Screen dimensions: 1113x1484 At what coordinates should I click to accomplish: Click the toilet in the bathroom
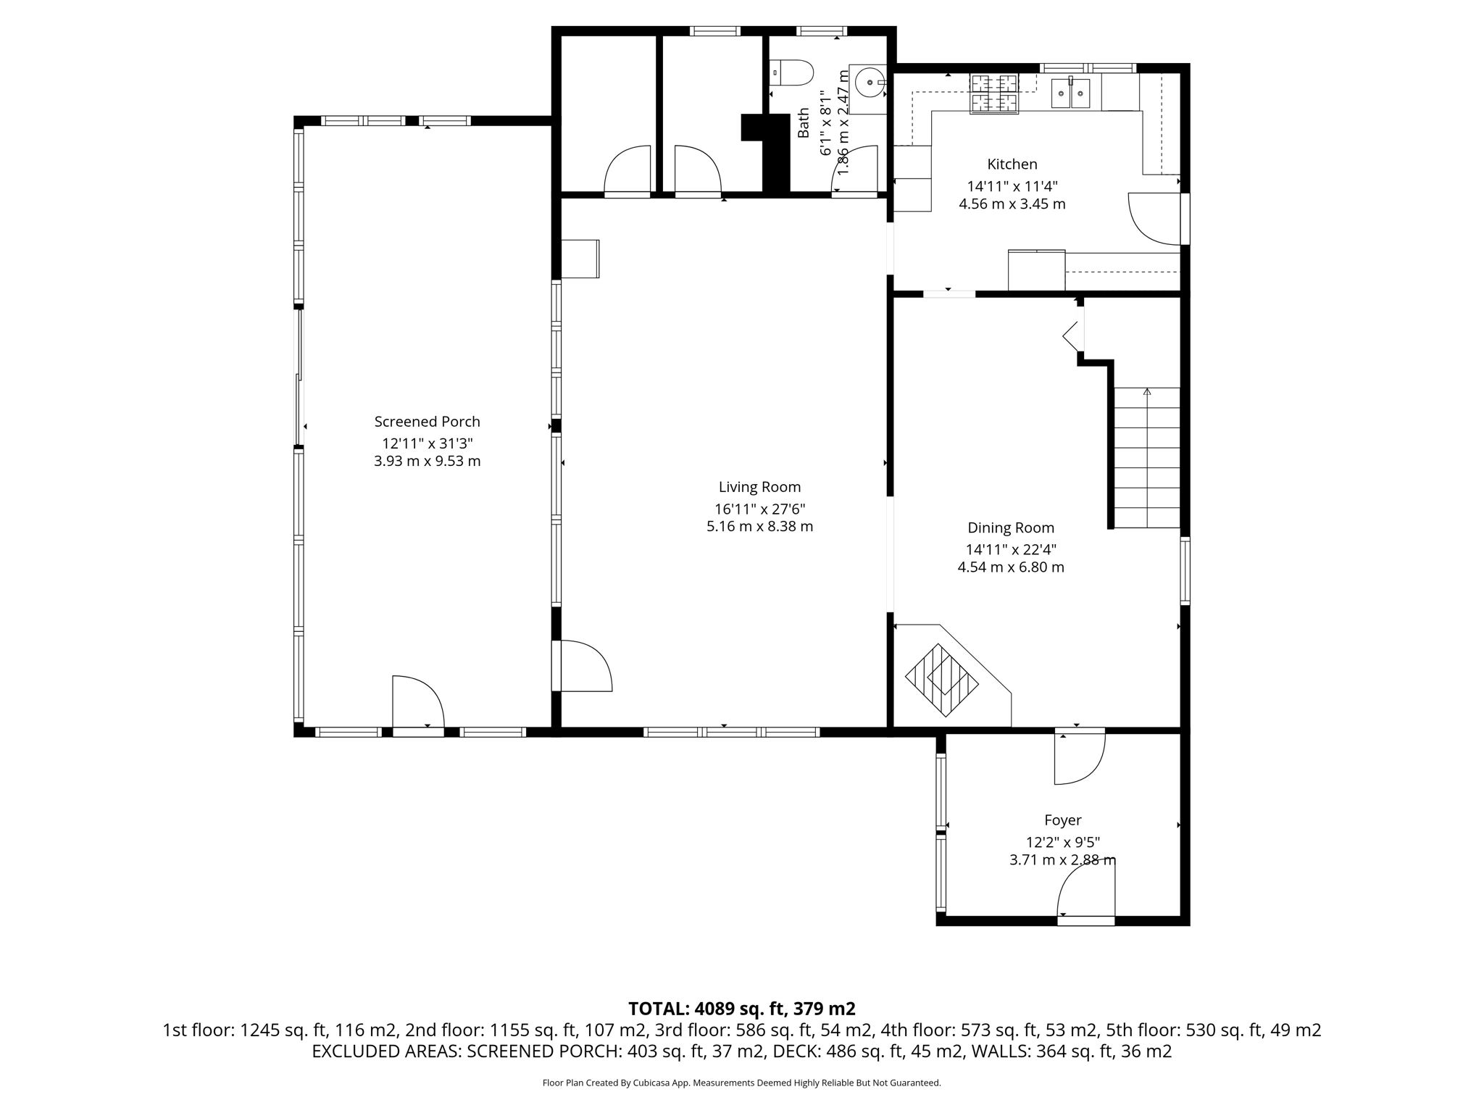click(x=794, y=73)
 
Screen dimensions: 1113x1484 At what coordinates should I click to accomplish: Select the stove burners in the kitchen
click(x=995, y=93)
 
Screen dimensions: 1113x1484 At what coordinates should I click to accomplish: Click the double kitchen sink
click(x=1071, y=93)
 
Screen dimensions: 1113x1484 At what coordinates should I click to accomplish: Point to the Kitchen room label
click(x=1012, y=164)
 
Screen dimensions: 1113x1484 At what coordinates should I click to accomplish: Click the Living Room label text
click(x=759, y=487)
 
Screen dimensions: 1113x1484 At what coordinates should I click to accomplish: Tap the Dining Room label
click(x=1011, y=528)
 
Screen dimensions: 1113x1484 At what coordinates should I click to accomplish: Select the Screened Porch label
click(x=427, y=422)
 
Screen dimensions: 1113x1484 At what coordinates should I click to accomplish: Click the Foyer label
click(x=1062, y=820)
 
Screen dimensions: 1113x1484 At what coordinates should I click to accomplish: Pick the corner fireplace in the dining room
click(x=942, y=680)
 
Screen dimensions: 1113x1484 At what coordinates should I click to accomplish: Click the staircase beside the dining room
click(x=1146, y=458)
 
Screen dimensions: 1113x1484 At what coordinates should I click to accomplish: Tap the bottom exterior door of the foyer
click(x=1085, y=897)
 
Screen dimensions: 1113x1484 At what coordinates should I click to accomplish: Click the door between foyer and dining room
click(x=1078, y=758)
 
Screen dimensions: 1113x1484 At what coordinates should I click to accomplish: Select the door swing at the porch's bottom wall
click(x=417, y=701)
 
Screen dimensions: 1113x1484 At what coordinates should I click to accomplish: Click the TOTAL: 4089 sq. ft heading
click(x=741, y=1009)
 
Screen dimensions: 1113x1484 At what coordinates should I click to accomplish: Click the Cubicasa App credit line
click(x=741, y=1083)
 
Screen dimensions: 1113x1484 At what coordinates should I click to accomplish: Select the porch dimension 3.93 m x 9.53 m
click(x=427, y=462)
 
